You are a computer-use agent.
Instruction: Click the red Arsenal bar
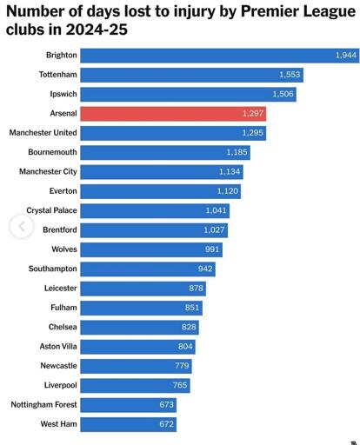173,114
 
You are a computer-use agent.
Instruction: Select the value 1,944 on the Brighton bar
346,55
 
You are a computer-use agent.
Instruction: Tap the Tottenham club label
58,75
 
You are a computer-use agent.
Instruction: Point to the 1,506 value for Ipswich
283,94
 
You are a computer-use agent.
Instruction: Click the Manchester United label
43,133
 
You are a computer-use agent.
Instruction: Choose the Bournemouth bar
165,152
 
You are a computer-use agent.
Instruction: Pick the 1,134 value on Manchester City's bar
230,171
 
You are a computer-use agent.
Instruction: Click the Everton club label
63,191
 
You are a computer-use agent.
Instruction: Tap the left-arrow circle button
22,226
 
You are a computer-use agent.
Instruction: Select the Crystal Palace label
51,210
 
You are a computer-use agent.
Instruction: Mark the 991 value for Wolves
212,249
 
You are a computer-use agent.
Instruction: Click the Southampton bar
148,269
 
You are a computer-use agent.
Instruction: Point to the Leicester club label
61,288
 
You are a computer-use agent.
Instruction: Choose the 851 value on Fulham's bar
192,308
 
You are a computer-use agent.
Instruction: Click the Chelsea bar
139,328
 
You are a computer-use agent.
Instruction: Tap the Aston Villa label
58,346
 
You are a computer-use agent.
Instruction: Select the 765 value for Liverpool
180,385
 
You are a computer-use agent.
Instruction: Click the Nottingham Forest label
44,404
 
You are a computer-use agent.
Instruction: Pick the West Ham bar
128,424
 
